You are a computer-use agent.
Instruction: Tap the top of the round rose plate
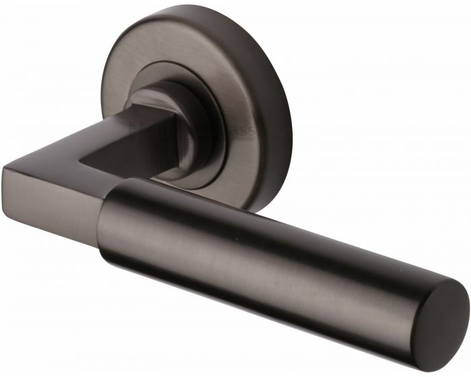(x=195, y=17)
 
